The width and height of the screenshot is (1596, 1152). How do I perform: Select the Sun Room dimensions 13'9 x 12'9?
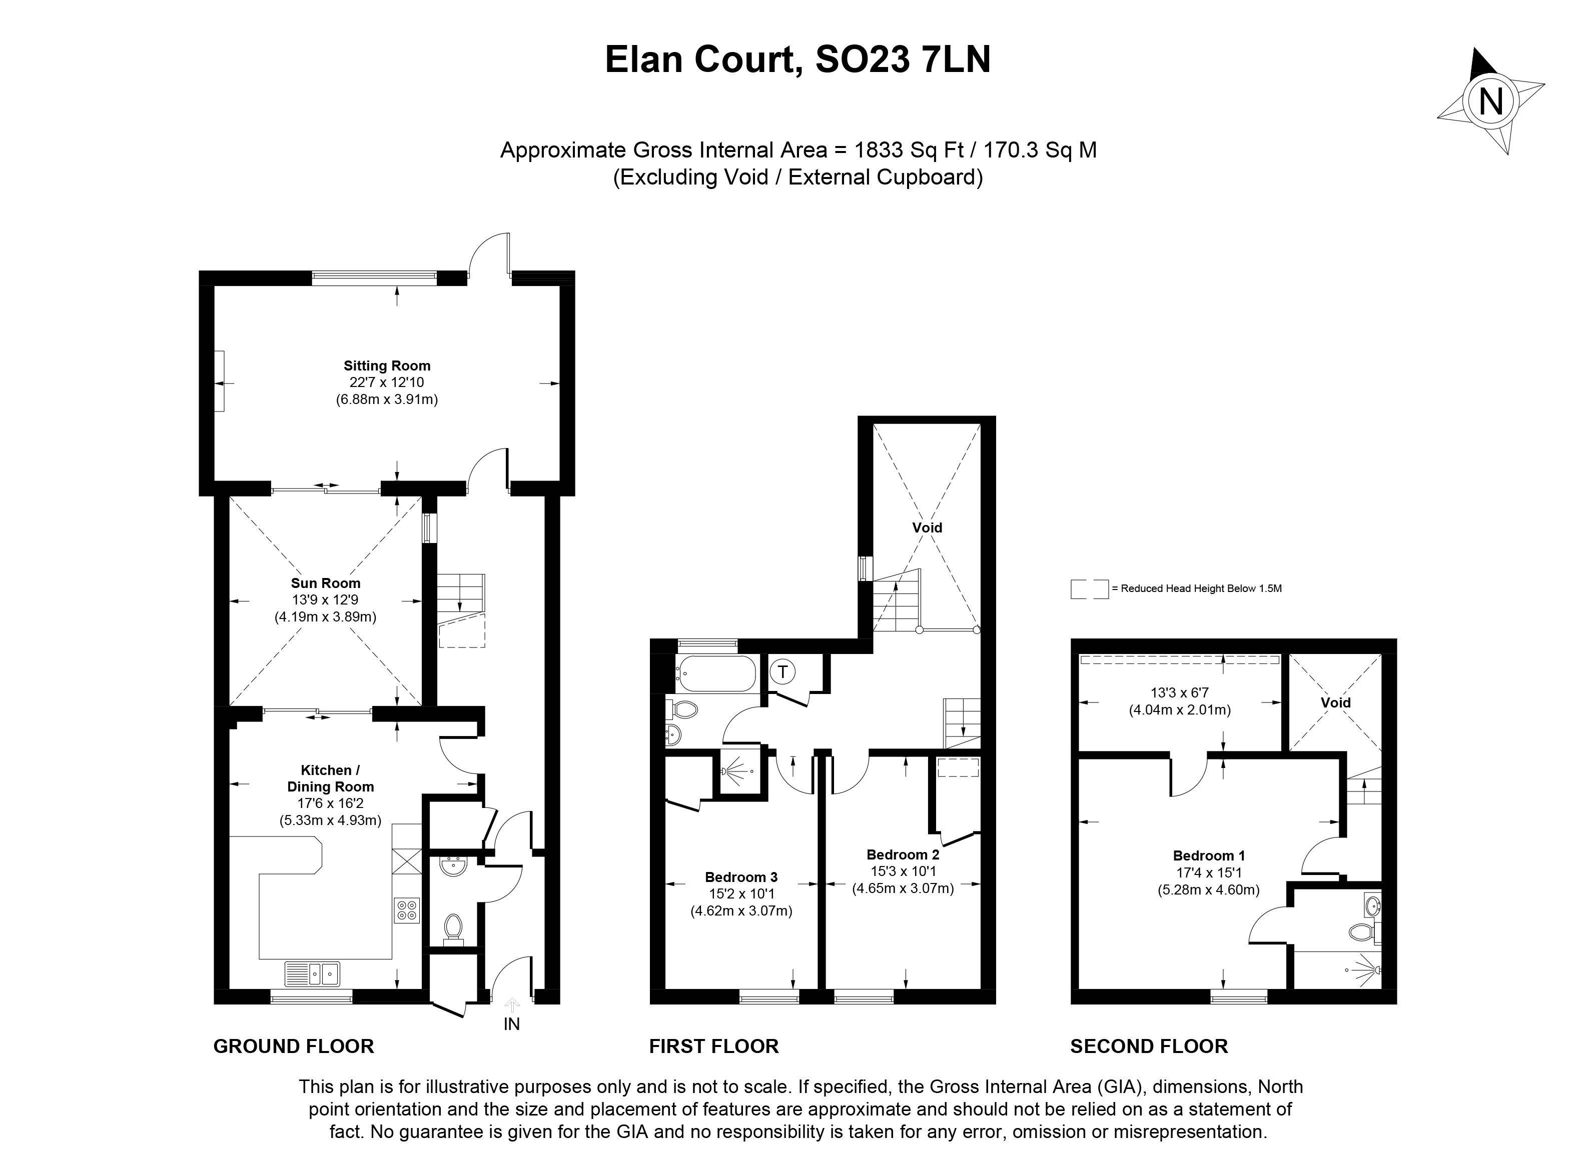[x=325, y=600]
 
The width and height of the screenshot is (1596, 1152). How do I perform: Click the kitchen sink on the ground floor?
[x=312, y=973]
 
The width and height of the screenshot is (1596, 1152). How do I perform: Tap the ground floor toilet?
[x=453, y=928]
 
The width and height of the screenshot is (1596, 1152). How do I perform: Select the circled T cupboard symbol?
[x=782, y=671]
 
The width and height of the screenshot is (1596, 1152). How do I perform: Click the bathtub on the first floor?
[x=715, y=674]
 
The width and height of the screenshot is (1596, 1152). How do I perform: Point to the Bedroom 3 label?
[x=741, y=877]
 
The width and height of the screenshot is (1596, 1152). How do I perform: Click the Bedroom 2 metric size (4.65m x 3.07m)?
[x=903, y=888]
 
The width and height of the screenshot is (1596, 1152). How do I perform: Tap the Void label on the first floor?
[x=927, y=527]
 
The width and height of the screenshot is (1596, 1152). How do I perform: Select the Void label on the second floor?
[x=1335, y=702]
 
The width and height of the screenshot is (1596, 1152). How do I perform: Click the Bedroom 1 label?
[x=1208, y=856]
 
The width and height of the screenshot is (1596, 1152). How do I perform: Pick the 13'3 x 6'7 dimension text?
[x=1179, y=692]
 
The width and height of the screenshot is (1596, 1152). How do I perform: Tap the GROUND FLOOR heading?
[x=294, y=1046]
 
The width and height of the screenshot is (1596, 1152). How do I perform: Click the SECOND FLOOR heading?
[x=1148, y=1046]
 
